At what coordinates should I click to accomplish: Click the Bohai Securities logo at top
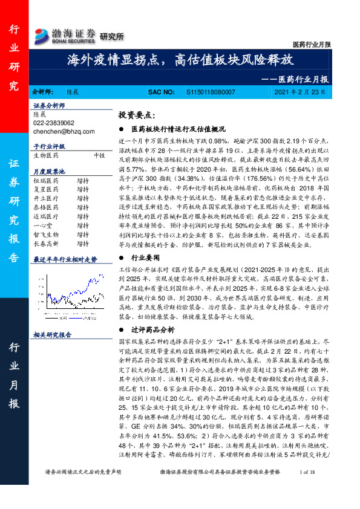(65, 36)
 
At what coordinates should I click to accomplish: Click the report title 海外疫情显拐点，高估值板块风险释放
(180, 60)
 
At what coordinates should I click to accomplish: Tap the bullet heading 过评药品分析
(152, 329)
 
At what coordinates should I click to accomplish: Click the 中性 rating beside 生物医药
(100, 155)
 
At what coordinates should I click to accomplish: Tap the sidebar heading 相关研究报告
(53, 334)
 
